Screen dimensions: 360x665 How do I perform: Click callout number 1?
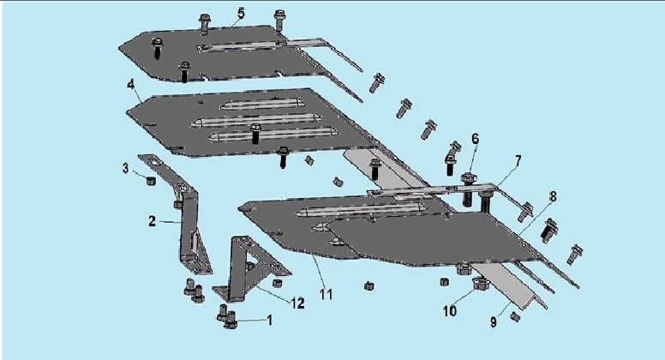click(269, 320)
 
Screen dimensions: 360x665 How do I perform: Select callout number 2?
click(152, 220)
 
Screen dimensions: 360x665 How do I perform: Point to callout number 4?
click(130, 85)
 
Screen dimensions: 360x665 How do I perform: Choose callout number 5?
click(241, 13)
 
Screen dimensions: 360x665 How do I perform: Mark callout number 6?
click(475, 138)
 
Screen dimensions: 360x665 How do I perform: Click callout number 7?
click(518, 160)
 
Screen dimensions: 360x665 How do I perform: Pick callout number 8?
click(553, 196)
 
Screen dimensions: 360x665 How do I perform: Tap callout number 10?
click(450, 311)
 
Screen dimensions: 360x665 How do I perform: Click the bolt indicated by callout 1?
click(229, 322)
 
